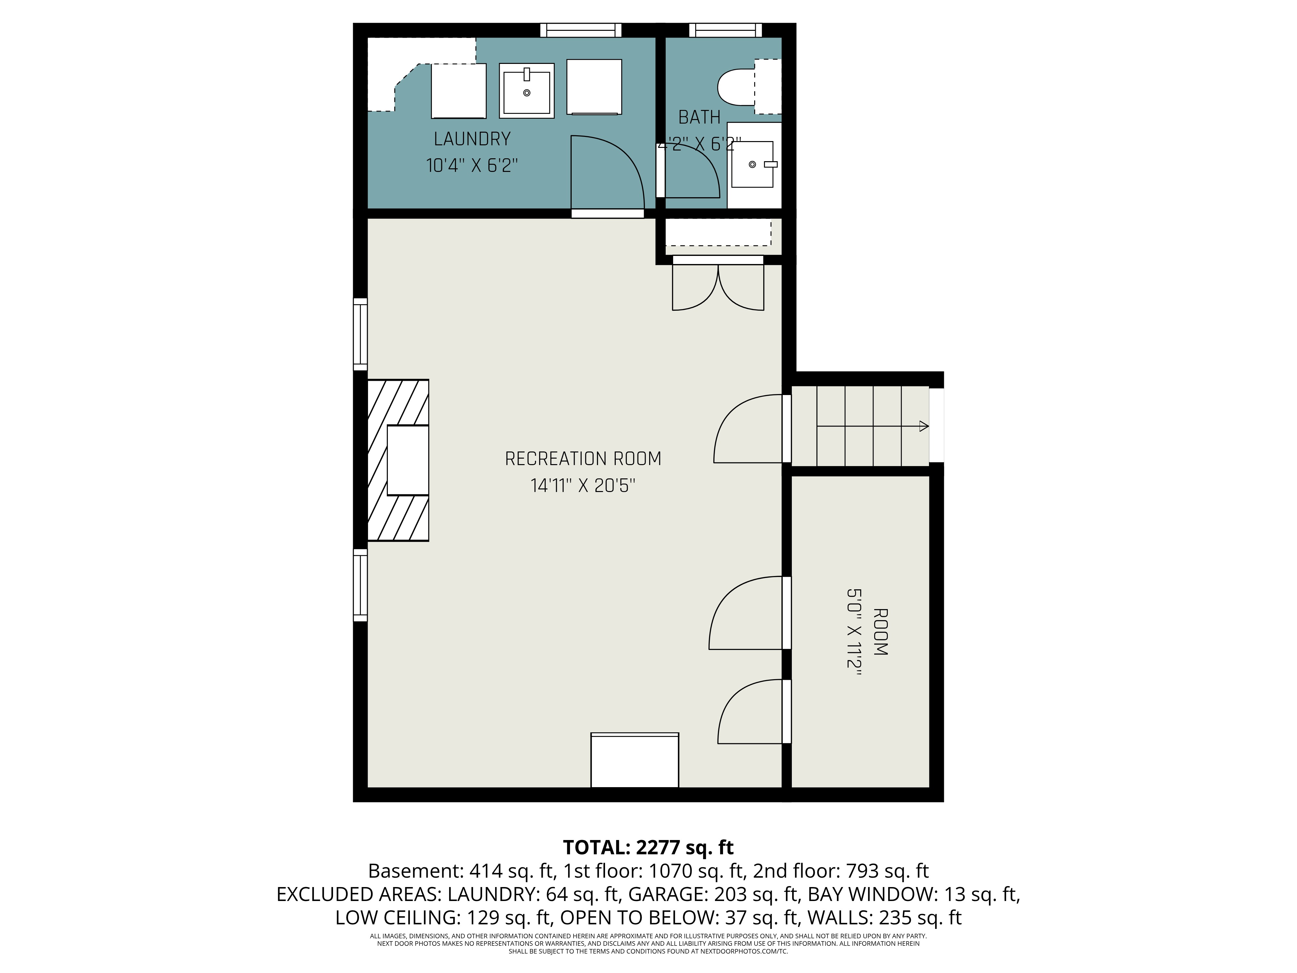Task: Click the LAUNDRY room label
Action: tap(472, 139)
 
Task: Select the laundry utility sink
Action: tap(527, 91)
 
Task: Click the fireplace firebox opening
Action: tap(408, 461)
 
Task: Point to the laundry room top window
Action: tap(580, 30)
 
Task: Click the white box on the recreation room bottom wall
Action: tap(635, 760)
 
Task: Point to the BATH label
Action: tap(699, 117)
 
